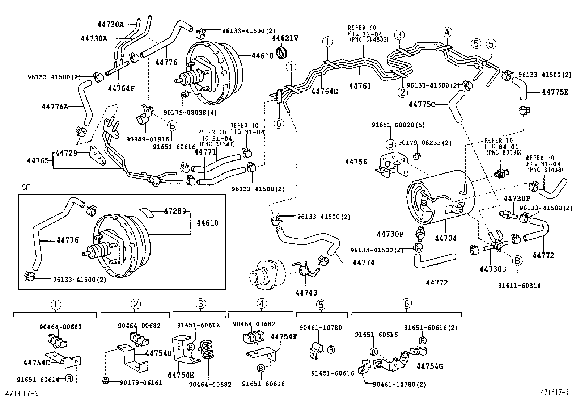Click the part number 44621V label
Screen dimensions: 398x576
pos(285,38)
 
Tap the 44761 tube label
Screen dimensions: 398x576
pos(360,86)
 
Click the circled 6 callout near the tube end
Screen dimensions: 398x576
pos(279,123)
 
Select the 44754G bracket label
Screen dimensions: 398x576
pos(430,366)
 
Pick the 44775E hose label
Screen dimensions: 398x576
pos(555,92)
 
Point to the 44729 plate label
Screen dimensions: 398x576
pos(66,153)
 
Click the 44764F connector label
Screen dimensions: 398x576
pos(121,88)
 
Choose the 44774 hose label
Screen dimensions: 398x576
pos(364,263)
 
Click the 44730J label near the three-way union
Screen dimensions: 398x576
pos(493,269)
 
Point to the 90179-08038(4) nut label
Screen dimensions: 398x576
pos(198,112)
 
